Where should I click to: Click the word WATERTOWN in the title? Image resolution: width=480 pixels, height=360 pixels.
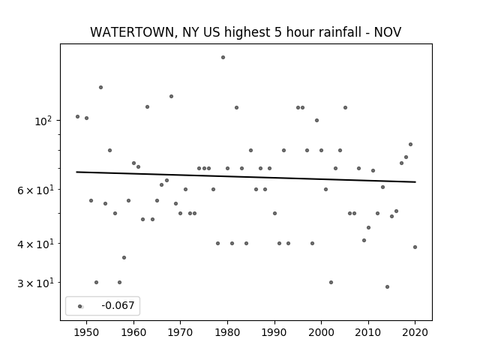coord(132,32)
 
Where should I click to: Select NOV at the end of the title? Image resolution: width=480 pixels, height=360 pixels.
coord(388,32)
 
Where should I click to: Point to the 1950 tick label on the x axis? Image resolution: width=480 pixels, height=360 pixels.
coord(87,332)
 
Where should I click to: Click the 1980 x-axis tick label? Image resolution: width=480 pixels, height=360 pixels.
coord(227,332)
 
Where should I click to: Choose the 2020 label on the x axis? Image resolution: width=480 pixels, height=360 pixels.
coord(415,332)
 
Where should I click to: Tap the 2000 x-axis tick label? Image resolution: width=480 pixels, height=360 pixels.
coord(321,332)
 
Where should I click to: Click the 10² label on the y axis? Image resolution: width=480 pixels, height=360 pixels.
coord(43,121)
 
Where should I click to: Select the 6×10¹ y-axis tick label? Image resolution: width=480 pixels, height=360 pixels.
coord(36,190)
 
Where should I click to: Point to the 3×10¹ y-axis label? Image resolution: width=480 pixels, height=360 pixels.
coord(36,283)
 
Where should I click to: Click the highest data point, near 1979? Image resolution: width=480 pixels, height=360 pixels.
coord(223,57)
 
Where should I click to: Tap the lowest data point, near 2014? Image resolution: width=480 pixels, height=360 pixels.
coord(387,286)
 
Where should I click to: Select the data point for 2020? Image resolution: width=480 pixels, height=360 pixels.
coord(415,247)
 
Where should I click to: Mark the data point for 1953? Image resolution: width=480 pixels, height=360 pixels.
coord(100,87)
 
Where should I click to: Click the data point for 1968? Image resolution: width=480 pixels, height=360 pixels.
coord(172,96)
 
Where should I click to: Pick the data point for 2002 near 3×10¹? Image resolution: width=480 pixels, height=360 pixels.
coord(331,282)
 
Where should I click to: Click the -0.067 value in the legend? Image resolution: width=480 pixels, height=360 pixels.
coord(118,305)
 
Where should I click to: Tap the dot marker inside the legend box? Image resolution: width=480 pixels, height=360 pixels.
coord(80,306)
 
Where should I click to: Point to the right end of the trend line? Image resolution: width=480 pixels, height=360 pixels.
coord(415,182)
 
